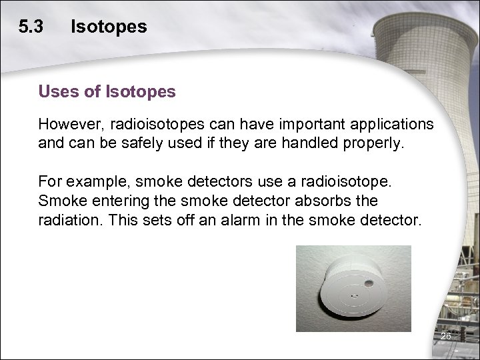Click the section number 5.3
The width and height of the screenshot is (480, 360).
pyautogui.click(x=31, y=27)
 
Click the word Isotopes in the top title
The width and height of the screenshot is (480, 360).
pyautogui.click(x=109, y=27)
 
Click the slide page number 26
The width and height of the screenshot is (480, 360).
pyautogui.click(x=446, y=337)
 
